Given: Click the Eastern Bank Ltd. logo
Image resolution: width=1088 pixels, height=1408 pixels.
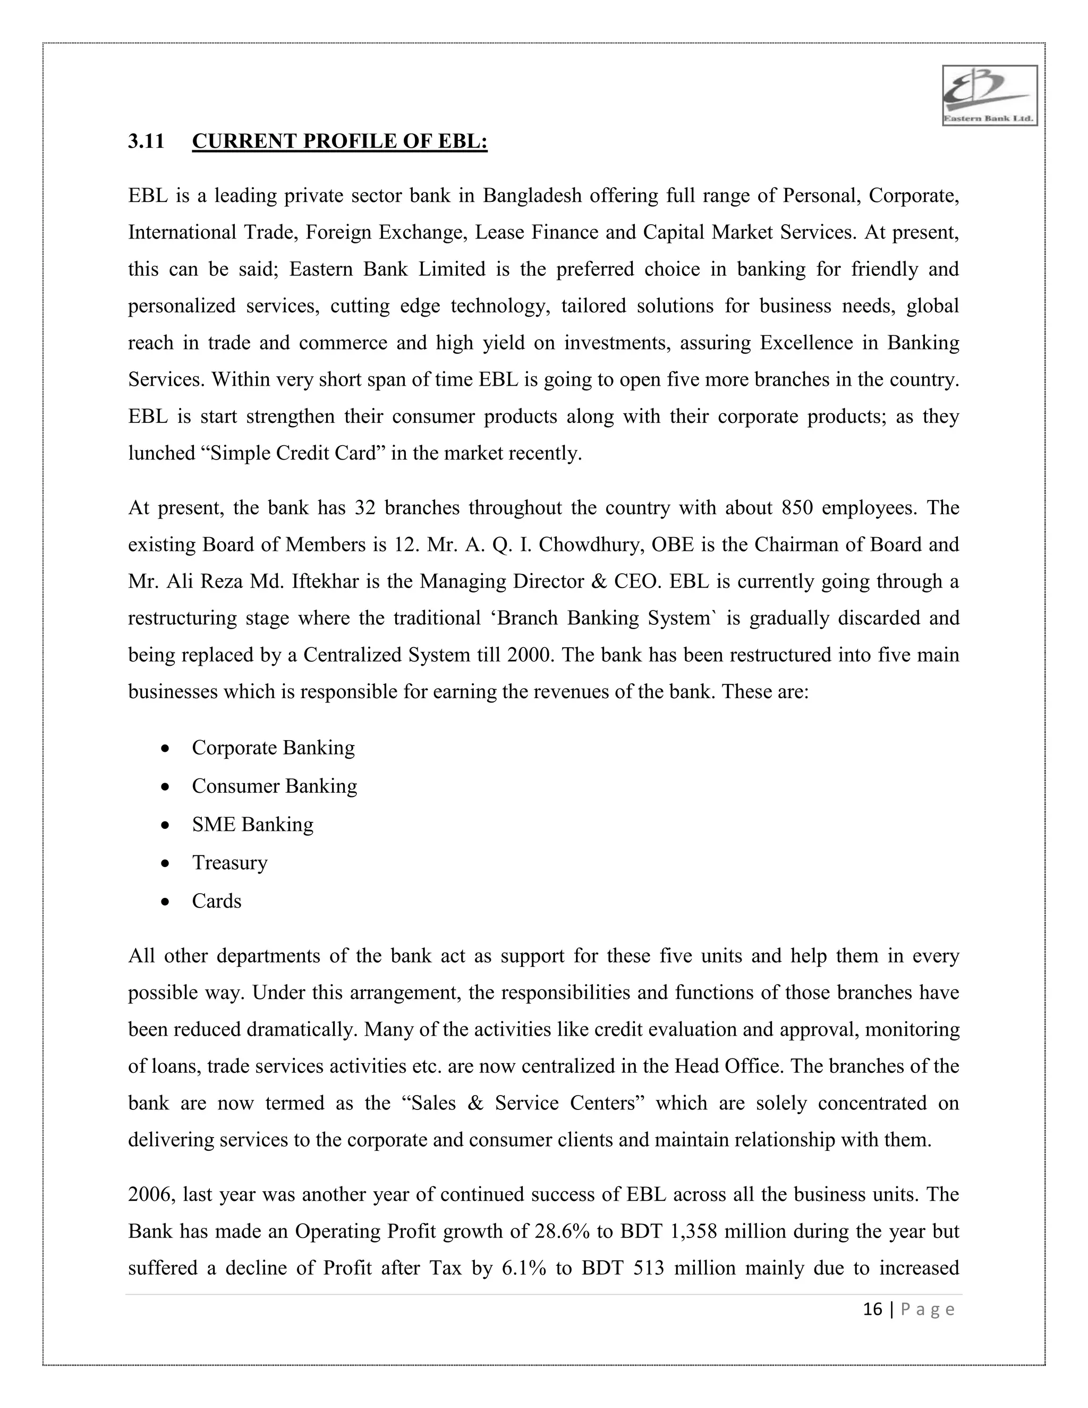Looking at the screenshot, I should [989, 96].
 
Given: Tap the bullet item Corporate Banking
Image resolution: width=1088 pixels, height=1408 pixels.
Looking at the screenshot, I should [273, 748].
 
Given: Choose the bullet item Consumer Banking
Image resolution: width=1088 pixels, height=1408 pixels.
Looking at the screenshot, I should [275, 786].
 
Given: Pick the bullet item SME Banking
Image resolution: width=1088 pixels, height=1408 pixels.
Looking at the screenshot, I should [253, 825].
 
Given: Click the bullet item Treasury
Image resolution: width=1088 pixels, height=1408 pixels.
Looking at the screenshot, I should [229, 862].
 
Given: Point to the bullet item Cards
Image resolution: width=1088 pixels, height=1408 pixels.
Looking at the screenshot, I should [217, 901].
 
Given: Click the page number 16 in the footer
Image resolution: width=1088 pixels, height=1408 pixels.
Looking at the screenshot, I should [872, 1309].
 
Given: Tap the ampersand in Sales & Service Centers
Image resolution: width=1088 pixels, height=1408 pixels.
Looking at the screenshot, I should [475, 1104].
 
